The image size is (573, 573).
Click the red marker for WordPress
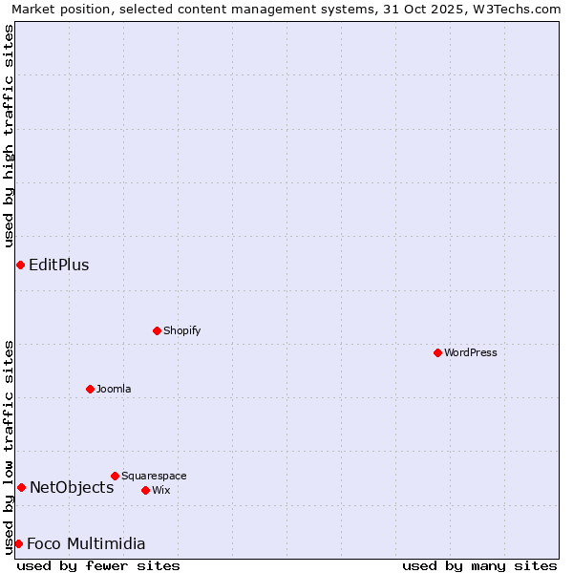pyautogui.click(x=437, y=352)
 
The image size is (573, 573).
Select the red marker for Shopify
pyautogui.click(x=157, y=330)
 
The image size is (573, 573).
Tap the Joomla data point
pyautogui.click(x=90, y=389)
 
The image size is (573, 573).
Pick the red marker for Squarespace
pyautogui.click(x=115, y=476)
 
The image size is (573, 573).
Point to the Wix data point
pyautogui.click(x=145, y=490)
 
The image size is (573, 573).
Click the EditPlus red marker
pyautogui.click(x=20, y=265)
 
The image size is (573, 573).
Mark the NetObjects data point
pyautogui.click(x=21, y=487)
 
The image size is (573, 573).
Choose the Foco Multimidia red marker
pyautogui.click(x=18, y=543)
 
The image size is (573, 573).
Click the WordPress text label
pyautogui.click(x=471, y=352)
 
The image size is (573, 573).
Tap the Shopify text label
pyautogui.click(x=181, y=330)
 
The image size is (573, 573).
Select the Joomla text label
pyautogui.click(x=114, y=389)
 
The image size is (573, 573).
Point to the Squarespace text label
pyautogui.click(x=154, y=476)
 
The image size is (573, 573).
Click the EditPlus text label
pyautogui.click(x=59, y=265)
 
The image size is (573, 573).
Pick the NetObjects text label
pyautogui.click(x=72, y=487)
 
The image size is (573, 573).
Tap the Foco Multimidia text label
pyautogui.click(x=86, y=543)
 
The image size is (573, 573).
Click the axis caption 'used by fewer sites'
pyautogui.click(x=98, y=565)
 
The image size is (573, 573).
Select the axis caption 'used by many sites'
pyautogui.click(x=479, y=565)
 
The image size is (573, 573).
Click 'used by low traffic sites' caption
pyautogui.click(x=9, y=446)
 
